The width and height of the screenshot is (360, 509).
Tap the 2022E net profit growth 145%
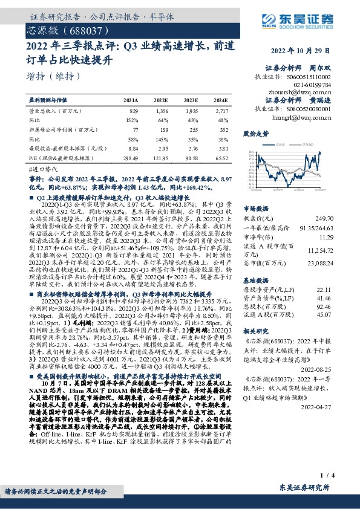(161, 139)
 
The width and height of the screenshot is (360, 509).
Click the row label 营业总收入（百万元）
(55, 112)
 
